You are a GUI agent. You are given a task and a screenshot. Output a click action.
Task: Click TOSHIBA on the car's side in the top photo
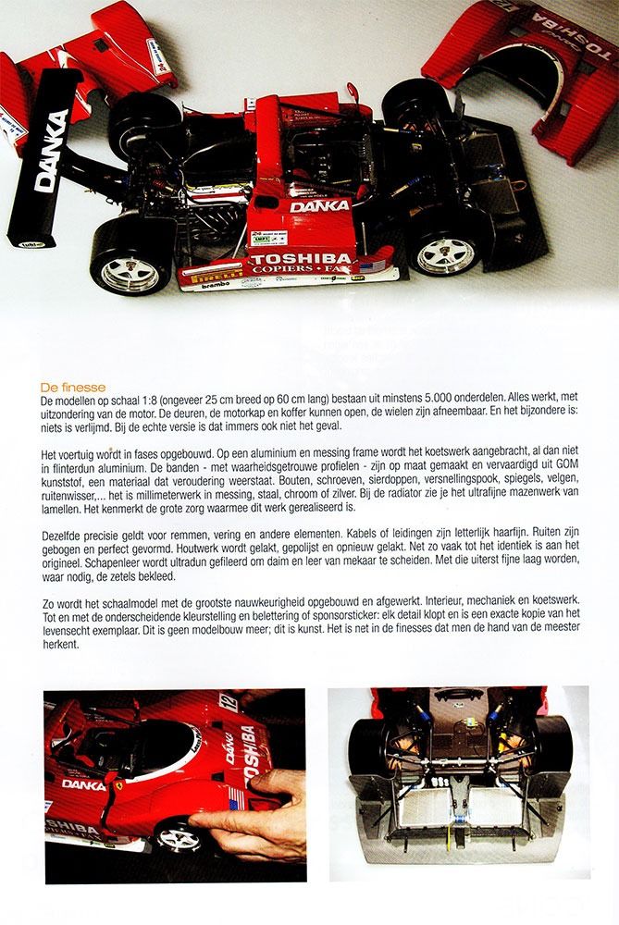(x=303, y=258)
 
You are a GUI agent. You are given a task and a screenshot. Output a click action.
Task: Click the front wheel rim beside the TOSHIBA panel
(x=446, y=257)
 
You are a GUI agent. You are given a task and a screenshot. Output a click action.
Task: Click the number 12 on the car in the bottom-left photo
(x=226, y=701)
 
